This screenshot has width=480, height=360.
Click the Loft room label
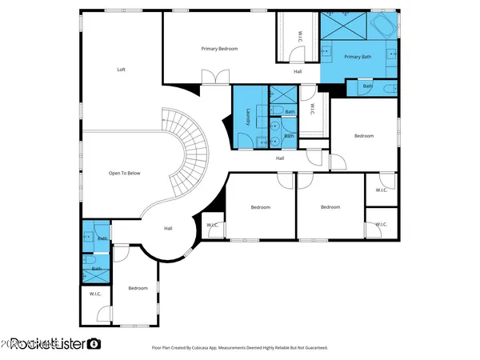[x=122, y=70]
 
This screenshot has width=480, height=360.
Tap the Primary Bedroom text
[x=219, y=49]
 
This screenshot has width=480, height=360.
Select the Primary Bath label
[x=358, y=57]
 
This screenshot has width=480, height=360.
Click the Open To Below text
[x=125, y=173]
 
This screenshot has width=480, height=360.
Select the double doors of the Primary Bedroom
[x=213, y=78]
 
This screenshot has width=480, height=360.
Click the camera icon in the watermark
[x=94, y=343]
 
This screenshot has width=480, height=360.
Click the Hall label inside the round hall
[x=168, y=229]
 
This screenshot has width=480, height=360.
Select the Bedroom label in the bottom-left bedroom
[x=138, y=288]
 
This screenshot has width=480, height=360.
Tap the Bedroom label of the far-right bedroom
[x=364, y=136]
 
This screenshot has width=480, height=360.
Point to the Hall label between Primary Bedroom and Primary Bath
[x=298, y=72]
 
